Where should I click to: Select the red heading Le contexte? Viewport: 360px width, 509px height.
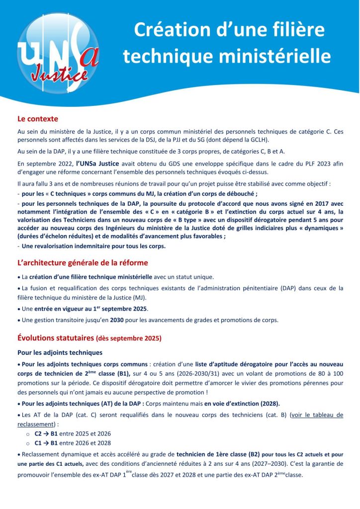point(38,119)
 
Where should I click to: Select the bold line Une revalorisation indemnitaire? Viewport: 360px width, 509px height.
point(93,246)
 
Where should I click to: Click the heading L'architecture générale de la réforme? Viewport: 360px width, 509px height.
point(83,262)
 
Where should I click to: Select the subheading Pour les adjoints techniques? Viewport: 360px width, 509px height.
point(60,353)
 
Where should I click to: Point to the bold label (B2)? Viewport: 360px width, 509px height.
point(253,454)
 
